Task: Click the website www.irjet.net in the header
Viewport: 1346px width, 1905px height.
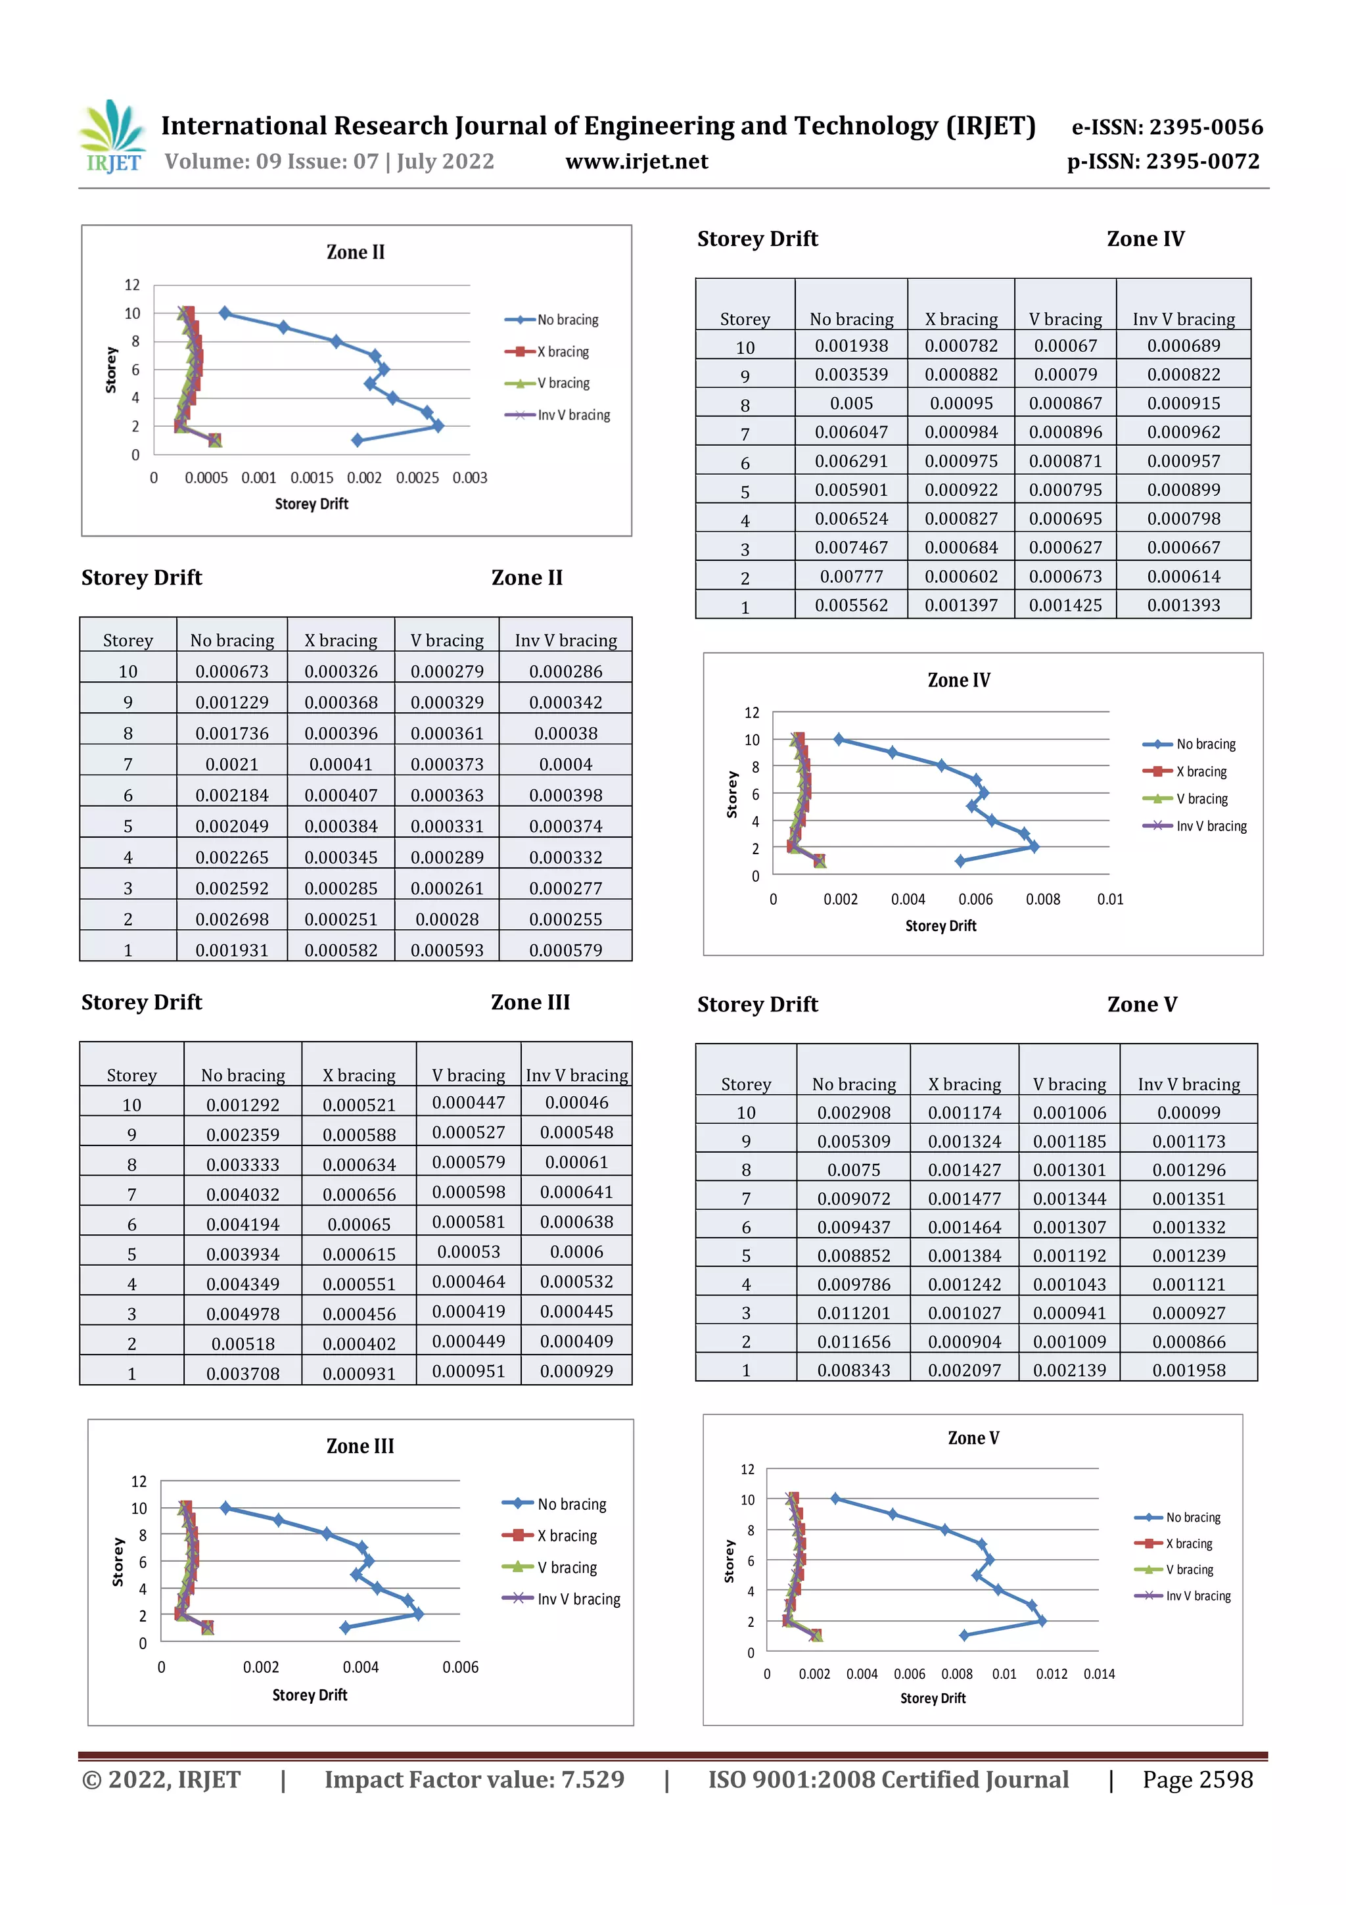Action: tap(636, 162)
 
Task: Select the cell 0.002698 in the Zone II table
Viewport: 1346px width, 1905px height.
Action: tap(231, 919)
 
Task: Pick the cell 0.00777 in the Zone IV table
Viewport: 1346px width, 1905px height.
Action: tap(851, 577)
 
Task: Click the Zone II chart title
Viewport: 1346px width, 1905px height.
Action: tap(355, 253)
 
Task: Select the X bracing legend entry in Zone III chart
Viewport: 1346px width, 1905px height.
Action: tap(567, 1536)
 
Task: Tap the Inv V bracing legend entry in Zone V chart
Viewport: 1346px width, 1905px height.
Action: tap(1197, 1595)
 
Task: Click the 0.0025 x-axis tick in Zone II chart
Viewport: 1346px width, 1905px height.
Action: tap(417, 478)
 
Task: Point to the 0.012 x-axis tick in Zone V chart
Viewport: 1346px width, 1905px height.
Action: tap(1051, 1674)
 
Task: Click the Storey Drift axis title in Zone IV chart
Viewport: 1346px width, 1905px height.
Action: tap(940, 926)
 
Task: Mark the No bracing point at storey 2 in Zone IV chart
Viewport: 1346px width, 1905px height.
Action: tap(1033, 846)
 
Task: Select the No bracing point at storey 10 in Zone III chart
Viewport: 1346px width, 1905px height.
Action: tap(225, 1508)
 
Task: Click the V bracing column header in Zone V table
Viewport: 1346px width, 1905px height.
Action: tap(1069, 1084)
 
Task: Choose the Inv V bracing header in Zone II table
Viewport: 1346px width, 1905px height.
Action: tap(566, 640)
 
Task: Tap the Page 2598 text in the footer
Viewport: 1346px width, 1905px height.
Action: tap(1197, 1779)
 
